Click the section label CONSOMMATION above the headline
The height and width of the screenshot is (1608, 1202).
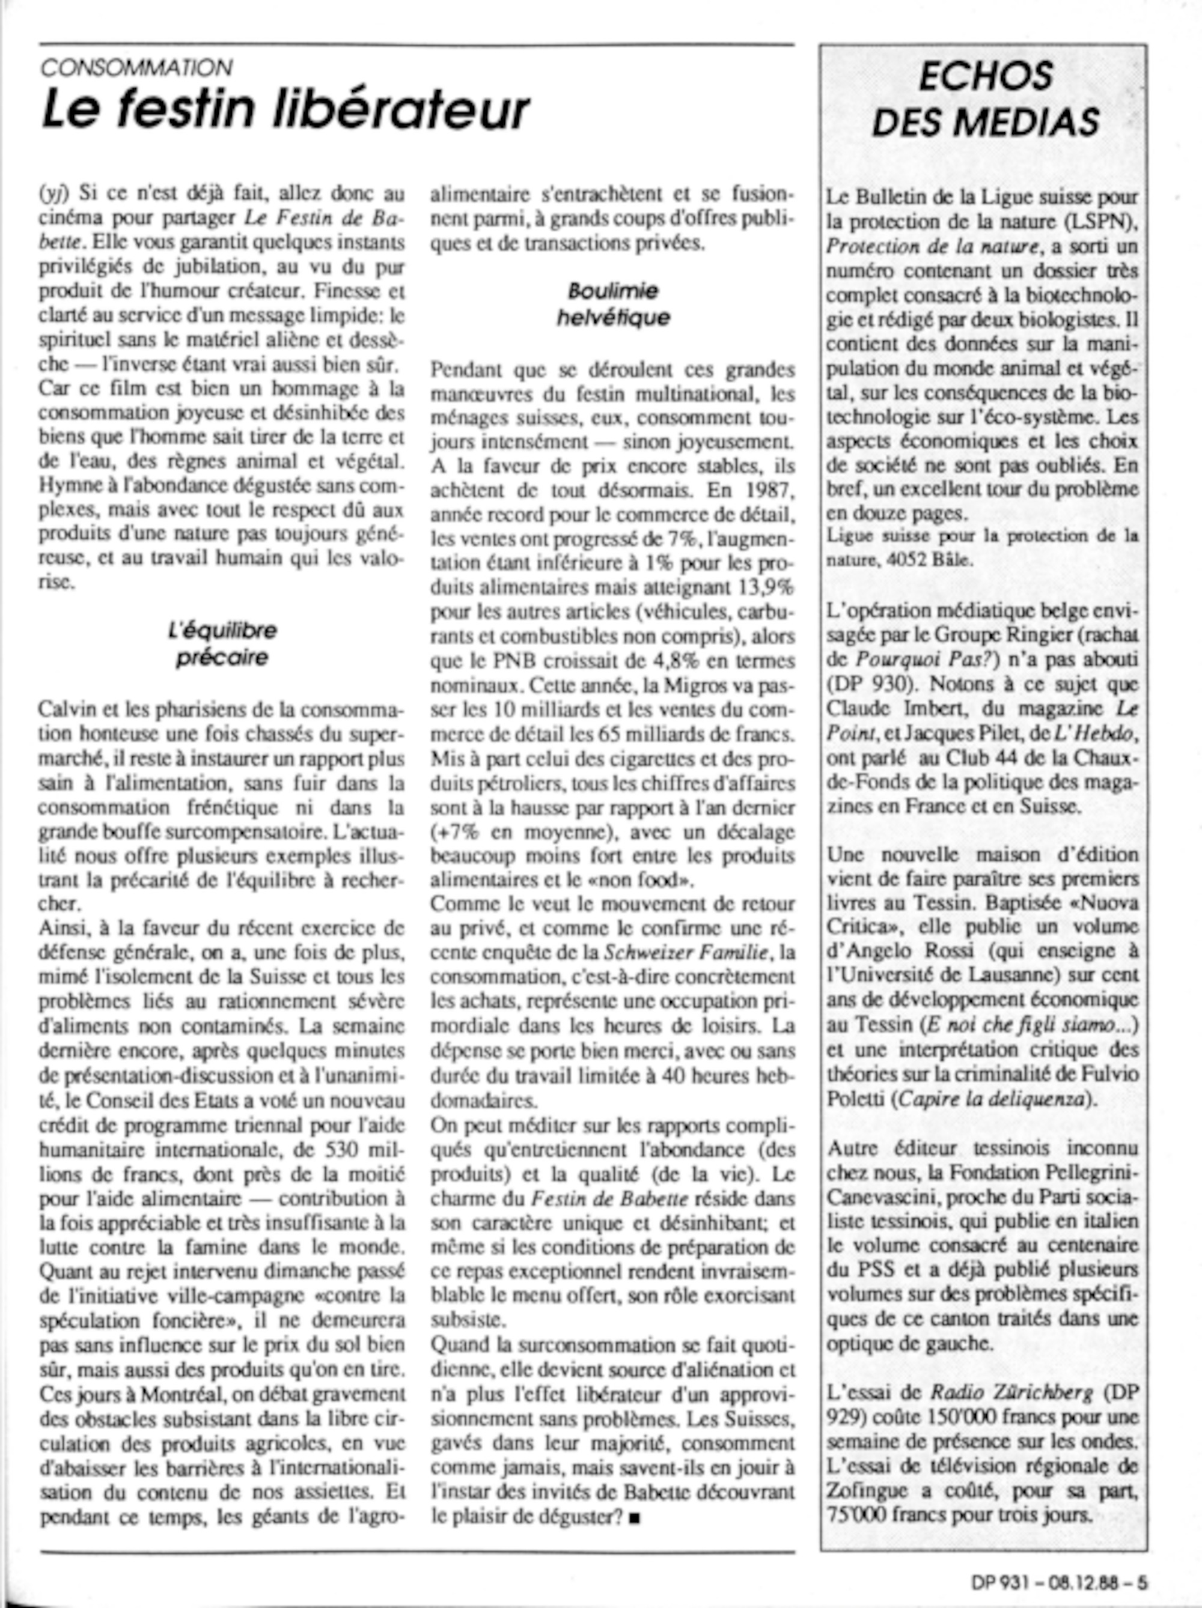click(x=136, y=68)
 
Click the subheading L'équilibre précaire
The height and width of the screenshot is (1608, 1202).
click(x=222, y=643)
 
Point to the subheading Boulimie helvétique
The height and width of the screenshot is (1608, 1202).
click(x=613, y=304)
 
